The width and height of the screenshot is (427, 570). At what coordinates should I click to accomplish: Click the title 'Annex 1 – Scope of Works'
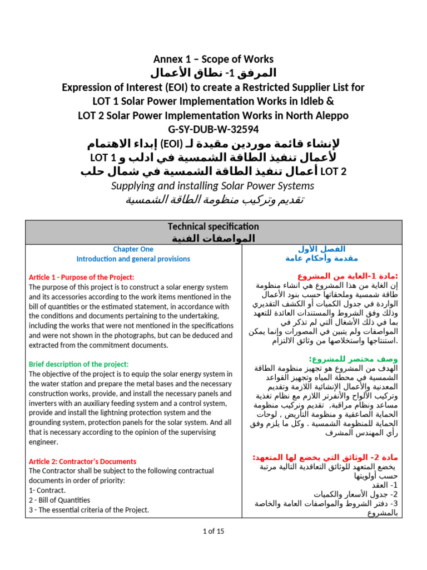(213, 59)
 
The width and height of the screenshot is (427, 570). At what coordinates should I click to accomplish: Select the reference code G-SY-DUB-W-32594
(213, 130)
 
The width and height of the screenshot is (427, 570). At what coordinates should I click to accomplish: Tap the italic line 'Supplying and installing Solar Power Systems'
(213, 186)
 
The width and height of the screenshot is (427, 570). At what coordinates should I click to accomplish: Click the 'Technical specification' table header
(213, 227)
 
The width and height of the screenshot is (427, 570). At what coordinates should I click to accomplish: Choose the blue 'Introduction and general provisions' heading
(133, 259)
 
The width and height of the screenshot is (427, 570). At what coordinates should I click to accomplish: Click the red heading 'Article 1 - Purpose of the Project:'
(81, 277)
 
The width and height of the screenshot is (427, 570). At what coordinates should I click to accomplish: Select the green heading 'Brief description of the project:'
(78, 364)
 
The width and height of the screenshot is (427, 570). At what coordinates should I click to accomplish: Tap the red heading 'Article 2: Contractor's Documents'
(82, 461)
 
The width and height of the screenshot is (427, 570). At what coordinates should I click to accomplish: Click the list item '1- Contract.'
(47, 490)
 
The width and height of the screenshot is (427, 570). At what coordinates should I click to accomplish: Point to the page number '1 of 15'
(213, 531)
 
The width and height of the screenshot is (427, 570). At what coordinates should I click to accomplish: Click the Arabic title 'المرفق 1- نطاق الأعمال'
(213, 73)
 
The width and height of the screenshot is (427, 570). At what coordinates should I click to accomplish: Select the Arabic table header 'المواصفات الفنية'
(214, 238)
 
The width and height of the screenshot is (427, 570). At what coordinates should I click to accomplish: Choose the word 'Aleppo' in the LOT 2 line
(328, 115)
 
